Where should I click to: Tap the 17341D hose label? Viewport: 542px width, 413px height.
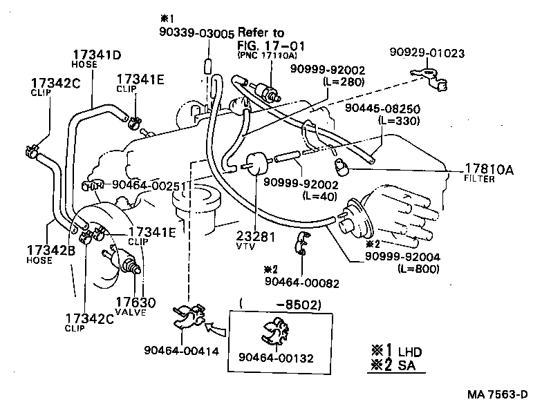click(x=97, y=55)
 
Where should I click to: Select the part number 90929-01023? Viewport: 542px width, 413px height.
click(x=427, y=52)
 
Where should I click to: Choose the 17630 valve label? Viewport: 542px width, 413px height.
click(x=135, y=302)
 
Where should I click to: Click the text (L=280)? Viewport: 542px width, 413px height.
click(x=344, y=81)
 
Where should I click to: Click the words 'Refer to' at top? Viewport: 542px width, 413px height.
click(x=261, y=32)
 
